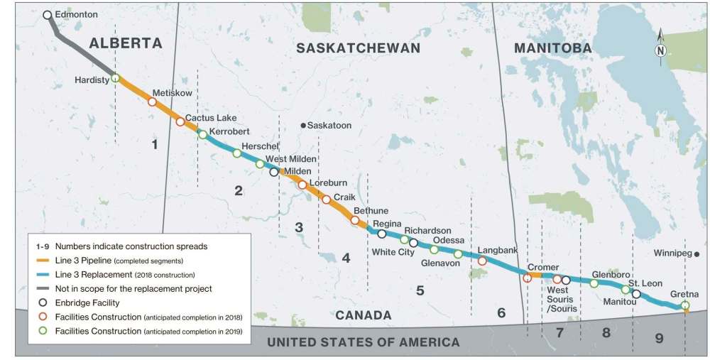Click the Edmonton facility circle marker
[47, 15]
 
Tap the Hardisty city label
[92, 80]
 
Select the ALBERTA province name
[126, 43]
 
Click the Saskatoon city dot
[303, 126]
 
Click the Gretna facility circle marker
[684, 305]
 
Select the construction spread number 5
[420, 290]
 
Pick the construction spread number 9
[659, 338]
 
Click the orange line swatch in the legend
[44, 261]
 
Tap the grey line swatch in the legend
[44, 288]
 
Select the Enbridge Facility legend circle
[44, 302]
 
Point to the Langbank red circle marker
[483, 261]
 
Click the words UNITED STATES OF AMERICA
[363, 342]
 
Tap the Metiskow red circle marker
[151, 102]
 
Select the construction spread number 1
[153, 145]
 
